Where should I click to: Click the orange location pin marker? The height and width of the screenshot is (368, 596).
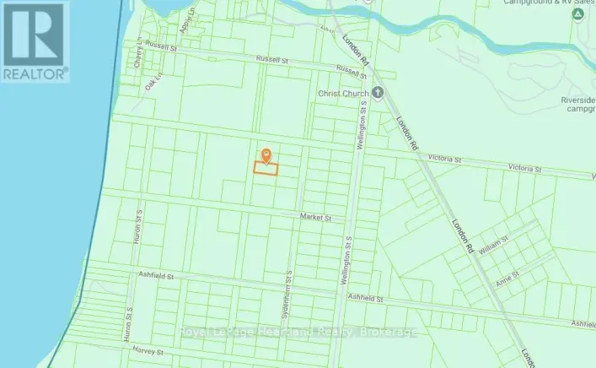coord(266,154)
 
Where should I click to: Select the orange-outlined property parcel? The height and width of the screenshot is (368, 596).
coord(266,169)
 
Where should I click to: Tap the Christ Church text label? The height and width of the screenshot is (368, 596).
coord(344,93)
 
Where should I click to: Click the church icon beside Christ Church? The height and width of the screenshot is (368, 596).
coord(379,93)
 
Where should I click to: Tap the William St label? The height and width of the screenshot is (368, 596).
coord(495,242)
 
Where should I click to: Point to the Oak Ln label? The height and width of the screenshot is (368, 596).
coord(152,85)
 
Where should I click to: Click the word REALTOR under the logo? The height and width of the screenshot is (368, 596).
coord(35,74)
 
